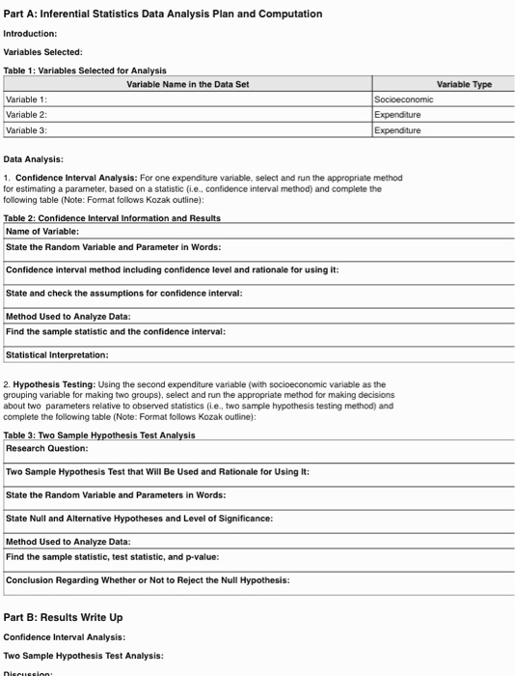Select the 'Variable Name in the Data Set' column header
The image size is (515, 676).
pyautogui.click(x=188, y=85)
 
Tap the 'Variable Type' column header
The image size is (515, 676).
pyautogui.click(x=464, y=85)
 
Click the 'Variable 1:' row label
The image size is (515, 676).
pyautogui.click(x=26, y=99)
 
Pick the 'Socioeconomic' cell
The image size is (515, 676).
pyautogui.click(x=404, y=99)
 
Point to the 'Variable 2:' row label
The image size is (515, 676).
pyautogui.click(x=26, y=114)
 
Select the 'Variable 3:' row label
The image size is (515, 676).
pyautogui.click(x=26, y=129)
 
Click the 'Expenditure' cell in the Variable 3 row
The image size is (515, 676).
pyautogui.click(x=399, y=129)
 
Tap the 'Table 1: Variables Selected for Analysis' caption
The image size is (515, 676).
pyautogui.click(x=85, y=70)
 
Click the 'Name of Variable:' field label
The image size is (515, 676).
pyautogui.click(x=42, y=232)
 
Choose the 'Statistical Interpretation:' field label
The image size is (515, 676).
pyautogui.click(x=57, y=354)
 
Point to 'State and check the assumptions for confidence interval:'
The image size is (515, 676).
pyautogui.click(x=123, y=293)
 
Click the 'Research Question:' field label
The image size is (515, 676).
pyautogui.click(x=47, y=448)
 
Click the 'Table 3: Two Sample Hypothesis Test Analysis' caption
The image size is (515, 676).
pyautogui.click(x=99, y=435)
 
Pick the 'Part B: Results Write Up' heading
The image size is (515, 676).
pyautogui.click(x=63, y=617)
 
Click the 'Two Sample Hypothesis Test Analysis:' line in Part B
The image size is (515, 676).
pyautogui.click(x=83, y=656)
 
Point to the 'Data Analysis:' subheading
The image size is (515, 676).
pyautogui.click(x=34, y=158)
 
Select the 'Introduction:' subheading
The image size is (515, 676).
pyautogui.click(x=31, y=33)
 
